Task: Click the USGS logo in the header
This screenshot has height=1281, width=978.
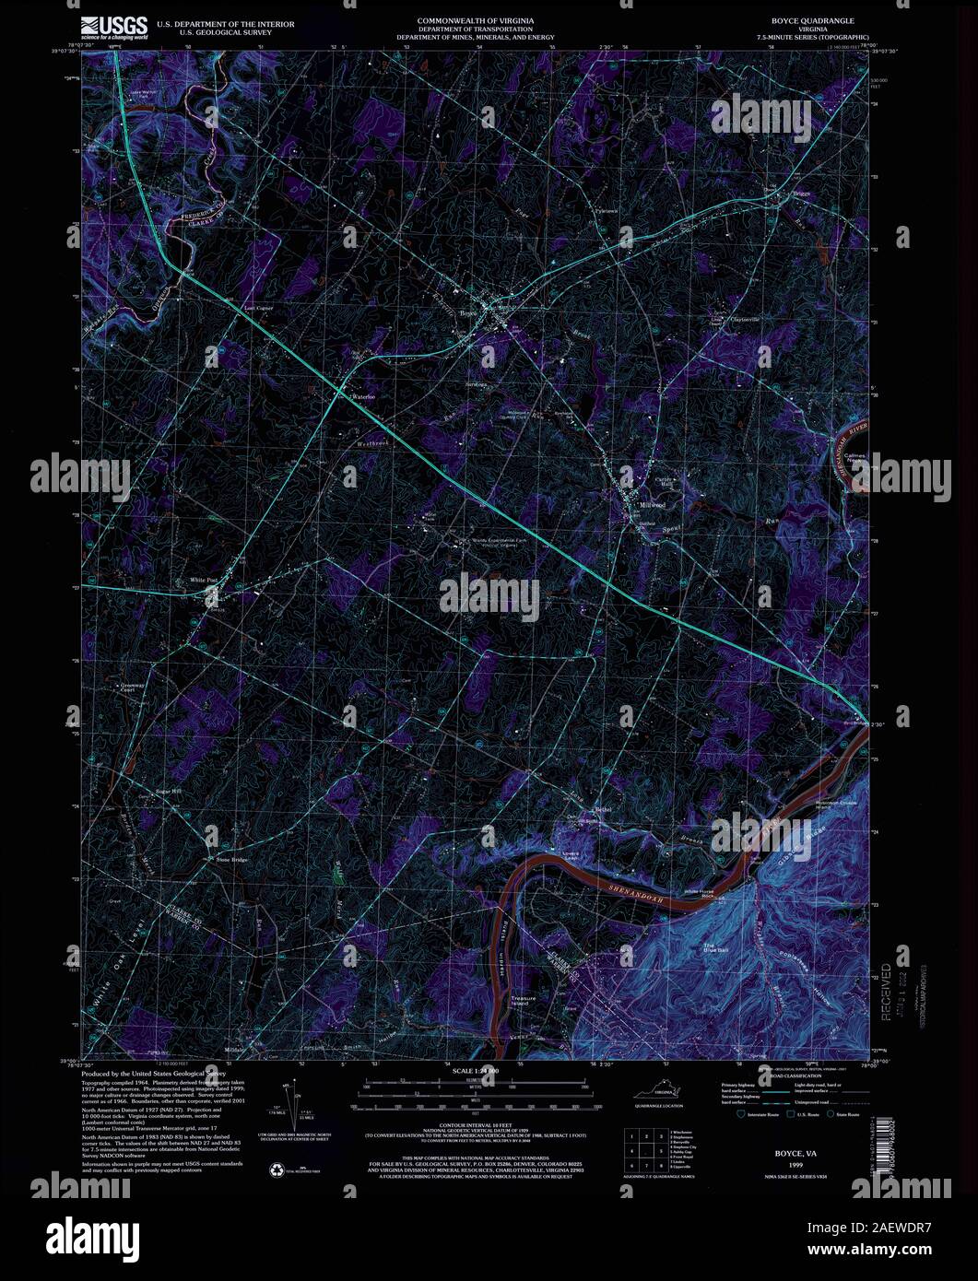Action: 114,27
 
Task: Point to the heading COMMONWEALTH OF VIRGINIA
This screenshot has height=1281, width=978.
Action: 475,19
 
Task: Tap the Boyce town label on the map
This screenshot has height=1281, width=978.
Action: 468,313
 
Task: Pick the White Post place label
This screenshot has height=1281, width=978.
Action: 204,580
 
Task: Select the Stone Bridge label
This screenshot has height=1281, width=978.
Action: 232,860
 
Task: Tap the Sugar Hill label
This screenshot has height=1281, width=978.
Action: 170,791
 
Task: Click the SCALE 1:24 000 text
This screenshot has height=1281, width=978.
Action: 475,1071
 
